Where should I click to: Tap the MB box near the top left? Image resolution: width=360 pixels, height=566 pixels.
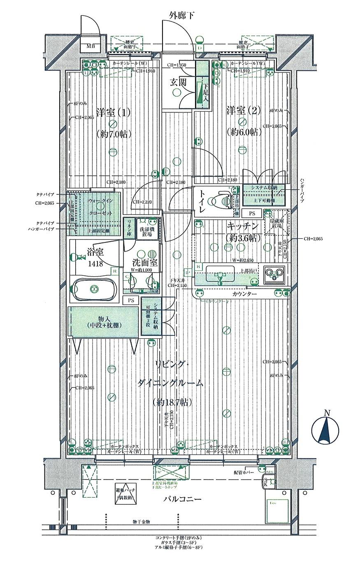pyautogui.click(x=90, y=46)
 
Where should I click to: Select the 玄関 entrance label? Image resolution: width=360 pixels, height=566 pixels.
pyautogui.click(x=178, y=82)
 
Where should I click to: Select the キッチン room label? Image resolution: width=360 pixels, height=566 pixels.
pyautogui.click(x=242, y=226)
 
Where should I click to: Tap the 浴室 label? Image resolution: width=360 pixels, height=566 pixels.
pyautogui.click(x=95, y=250)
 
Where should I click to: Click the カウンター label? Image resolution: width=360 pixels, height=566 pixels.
pyautogui.click(x=244, y=294)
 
